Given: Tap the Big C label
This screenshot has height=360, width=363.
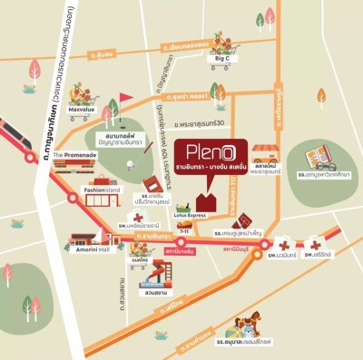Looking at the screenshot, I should (x=223, y=59).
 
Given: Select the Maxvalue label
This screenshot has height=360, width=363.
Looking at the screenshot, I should (x=82, y=111).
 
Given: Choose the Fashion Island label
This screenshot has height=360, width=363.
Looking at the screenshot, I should (x=101, y=190).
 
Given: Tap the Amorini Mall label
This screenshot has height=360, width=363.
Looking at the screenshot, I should (x=91, y=248).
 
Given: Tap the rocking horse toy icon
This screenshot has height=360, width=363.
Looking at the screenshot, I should (x=245, y=322).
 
